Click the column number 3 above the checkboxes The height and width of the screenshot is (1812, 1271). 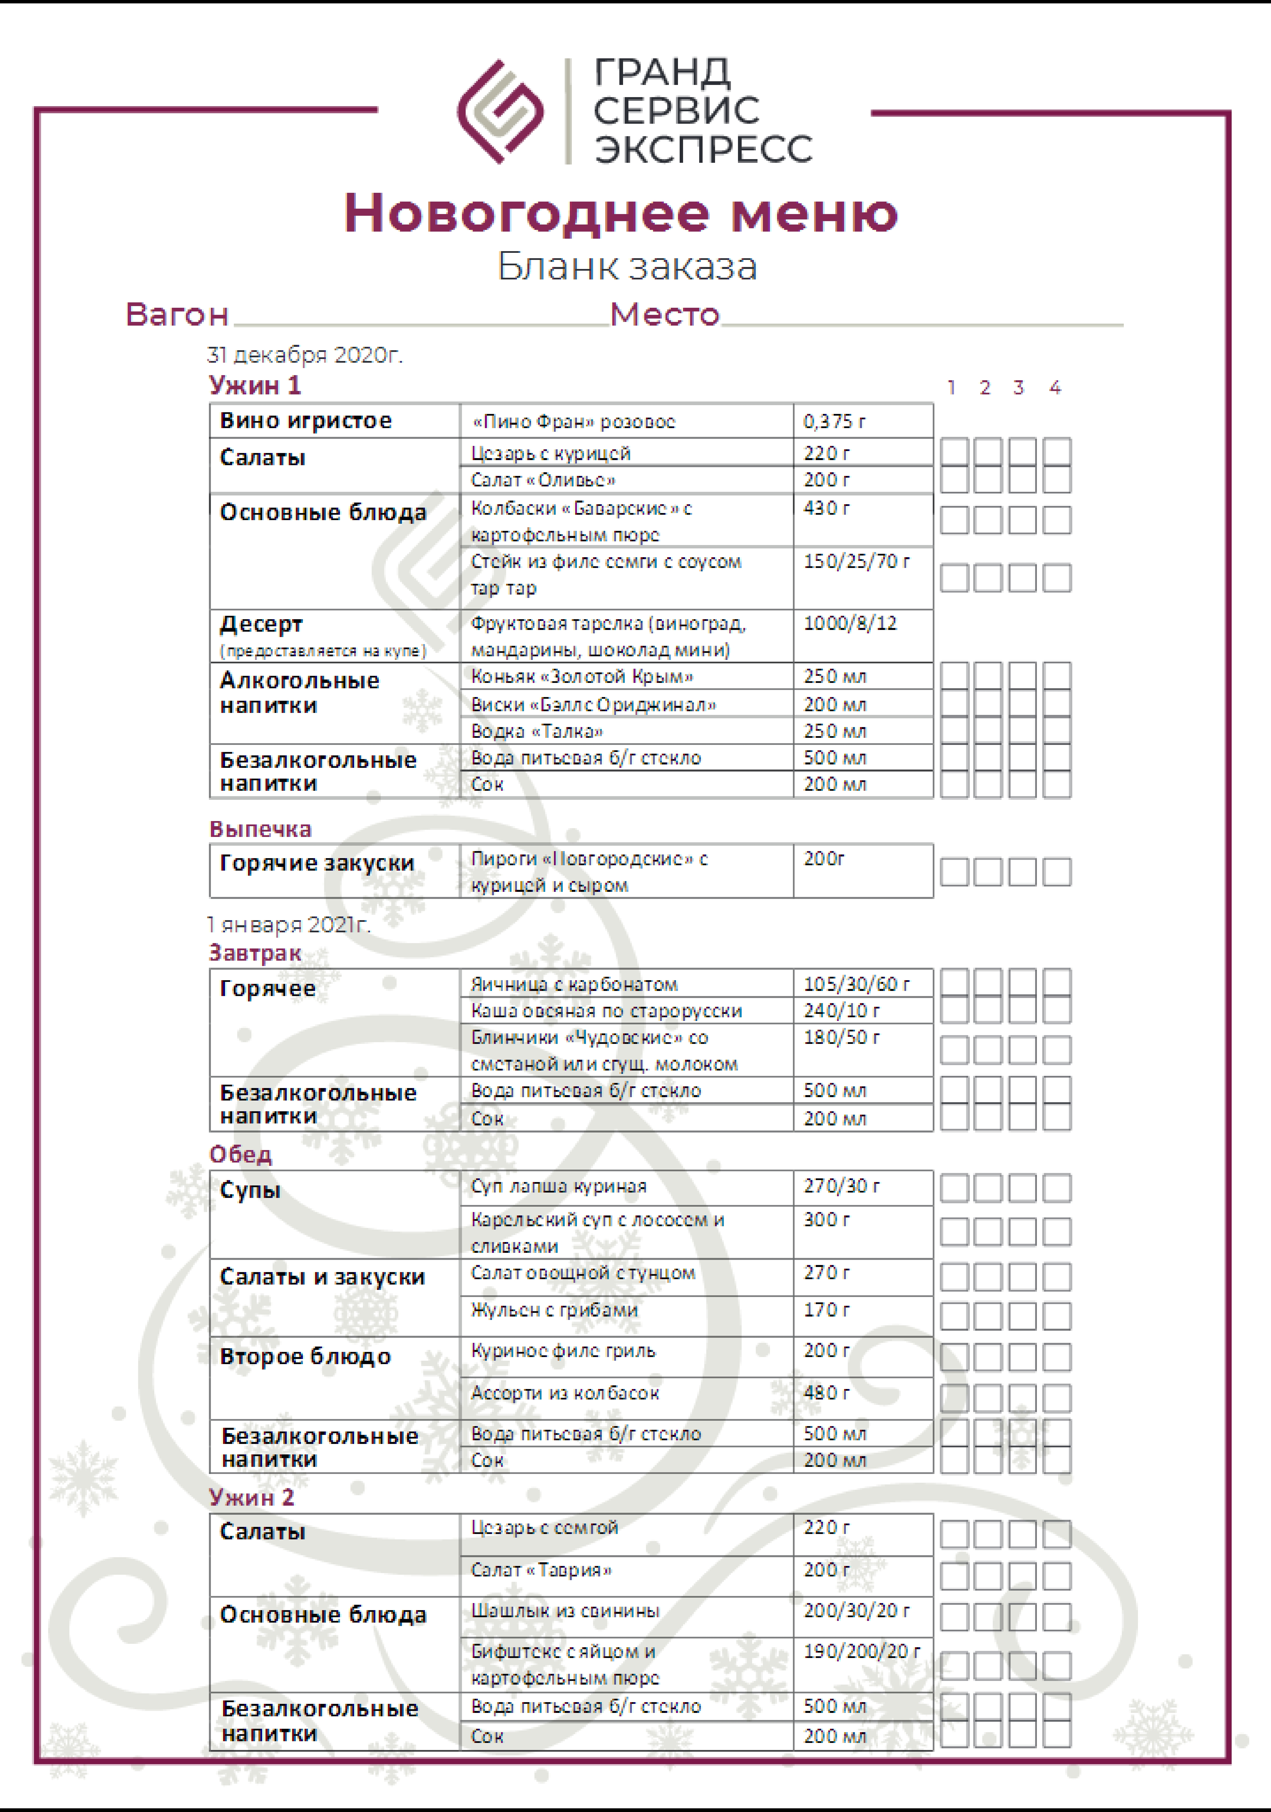[x=1018, y=388]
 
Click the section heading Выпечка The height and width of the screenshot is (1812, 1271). [x=260, y=829]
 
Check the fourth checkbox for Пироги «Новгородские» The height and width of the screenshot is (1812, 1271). [x=1056, y=872]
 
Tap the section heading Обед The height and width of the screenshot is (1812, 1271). [x=241, y=1155]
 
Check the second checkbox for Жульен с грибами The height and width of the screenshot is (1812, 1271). [x=988, y=1316]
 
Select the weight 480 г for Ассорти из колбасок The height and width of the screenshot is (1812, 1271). [x=827, y=1393]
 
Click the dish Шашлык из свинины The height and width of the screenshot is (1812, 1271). [x=565, y=1611]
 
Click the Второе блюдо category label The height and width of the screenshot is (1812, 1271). [x=305, y=1357]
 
